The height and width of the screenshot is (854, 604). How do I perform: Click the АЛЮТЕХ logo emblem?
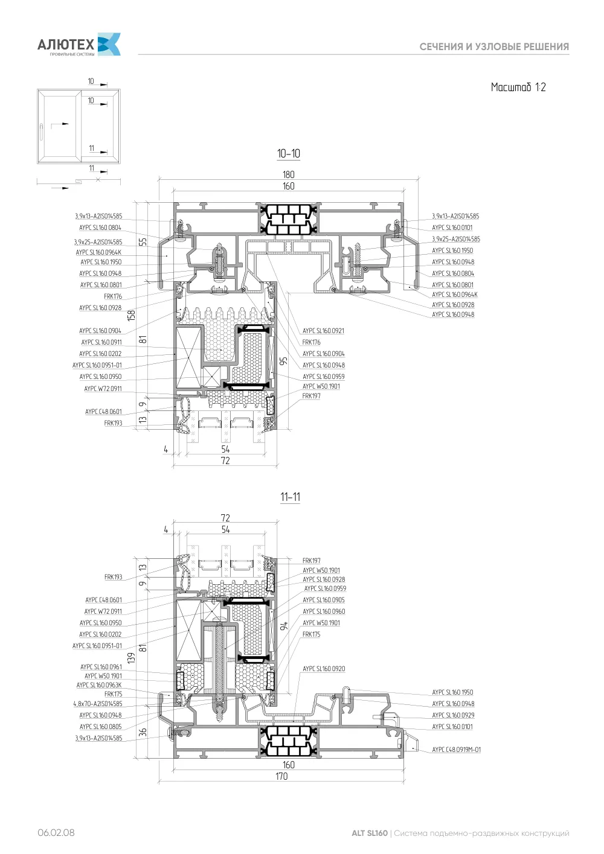(x=109, y=44)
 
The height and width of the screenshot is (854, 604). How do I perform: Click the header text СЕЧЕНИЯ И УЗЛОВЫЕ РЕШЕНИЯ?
(x=494, y=47)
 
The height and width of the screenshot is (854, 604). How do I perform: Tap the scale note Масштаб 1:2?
(x=518, y=88)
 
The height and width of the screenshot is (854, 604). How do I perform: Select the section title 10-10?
(x=289, y=154)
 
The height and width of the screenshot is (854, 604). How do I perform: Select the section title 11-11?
(x=290, y=497)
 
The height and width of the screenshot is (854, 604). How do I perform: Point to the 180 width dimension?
(x=289, y=174)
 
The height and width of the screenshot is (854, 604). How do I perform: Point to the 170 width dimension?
(x=281, y=776)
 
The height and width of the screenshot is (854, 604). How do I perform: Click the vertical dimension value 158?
(x=131, y=316)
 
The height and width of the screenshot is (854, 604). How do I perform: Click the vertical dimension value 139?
(x=131, y=658)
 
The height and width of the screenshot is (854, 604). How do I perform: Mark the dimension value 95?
(x=283, y=361)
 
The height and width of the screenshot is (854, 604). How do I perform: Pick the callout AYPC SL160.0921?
(x=323, y=331)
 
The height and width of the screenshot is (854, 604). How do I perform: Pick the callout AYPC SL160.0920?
(x=324, y=669)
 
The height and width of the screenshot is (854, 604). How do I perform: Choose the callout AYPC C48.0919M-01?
(x=457, y=750)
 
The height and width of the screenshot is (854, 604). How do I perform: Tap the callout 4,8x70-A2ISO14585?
(x=98, y=704)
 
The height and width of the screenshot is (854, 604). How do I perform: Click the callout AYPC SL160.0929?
(x=453, y=715)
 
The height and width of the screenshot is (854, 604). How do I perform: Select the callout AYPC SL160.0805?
(x=100, y=727)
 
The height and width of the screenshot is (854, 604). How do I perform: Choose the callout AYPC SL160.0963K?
(x=99, y=685)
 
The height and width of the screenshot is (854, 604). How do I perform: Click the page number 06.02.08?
(x=56, y=833)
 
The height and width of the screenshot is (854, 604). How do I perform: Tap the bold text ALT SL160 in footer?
(x=369, y=833)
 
